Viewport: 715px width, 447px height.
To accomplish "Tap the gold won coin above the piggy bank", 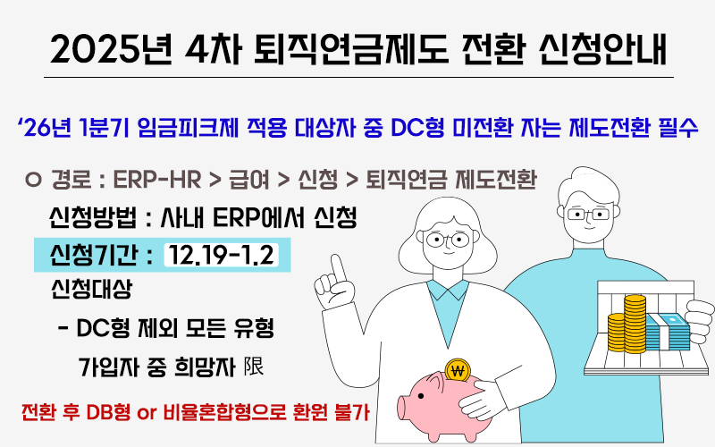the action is pyautogui.click(x=458, y=370).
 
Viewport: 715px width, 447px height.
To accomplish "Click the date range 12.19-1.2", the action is pyautogui.click(x=221, y=255).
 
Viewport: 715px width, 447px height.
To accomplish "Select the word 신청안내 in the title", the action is pyautogui.click(x=601, y=49).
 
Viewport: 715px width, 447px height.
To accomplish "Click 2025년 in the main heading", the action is pyautogui.click(x=112, y=49).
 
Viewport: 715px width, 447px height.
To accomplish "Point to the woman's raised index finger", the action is pyautogui.click(x=338, y=269).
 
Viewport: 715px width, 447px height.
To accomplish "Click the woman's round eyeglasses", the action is pyautogui.click(x=448, y=239).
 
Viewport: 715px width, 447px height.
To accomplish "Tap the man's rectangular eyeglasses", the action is pyautogui.click(x=589, y=214).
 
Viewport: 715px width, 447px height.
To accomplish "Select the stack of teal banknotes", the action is pyautogui.click(x=669, y=332).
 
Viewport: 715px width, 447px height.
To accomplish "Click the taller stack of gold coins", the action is pyautogui.click(x=635, y=324).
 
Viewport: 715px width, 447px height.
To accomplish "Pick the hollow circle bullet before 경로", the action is pyautogui.click(x=33, y=180).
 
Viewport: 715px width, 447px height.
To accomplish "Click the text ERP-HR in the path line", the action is pyautogui.click(x=157, y=180).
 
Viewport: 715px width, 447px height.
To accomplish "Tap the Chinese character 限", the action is pyautogui.click(x=254, y=367).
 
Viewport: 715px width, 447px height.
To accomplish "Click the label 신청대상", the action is pyautogui.click(x=91, y=289).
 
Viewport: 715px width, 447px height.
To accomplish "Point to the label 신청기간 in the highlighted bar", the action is pyautogui.click(x=94, y=255).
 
